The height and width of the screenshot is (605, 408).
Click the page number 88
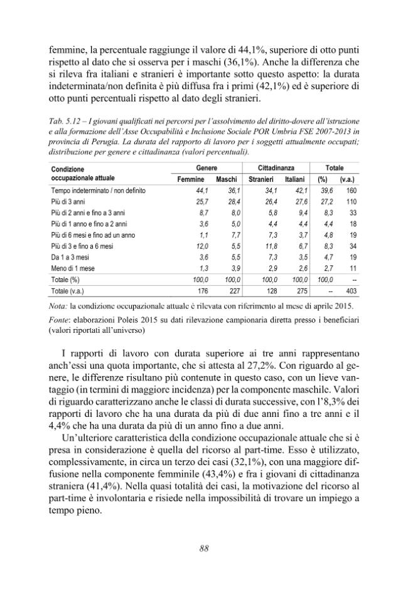click(204, 547)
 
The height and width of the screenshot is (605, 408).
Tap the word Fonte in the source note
click(60, 319)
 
